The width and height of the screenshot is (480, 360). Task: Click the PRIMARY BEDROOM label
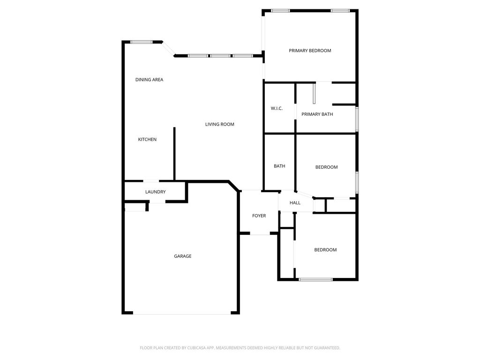click(310, 51)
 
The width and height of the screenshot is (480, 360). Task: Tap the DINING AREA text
click(149, 80)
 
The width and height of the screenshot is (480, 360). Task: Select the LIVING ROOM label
click(219, 124)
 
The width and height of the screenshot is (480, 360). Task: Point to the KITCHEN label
click(147, 139)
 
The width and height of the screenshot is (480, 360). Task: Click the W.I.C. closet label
click(277, 108)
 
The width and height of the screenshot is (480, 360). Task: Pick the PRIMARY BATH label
click(317, 114)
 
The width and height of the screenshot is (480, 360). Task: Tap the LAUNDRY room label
click(155, 192)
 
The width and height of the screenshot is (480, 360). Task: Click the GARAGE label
click(183, 256)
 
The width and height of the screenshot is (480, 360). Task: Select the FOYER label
click(259, 216)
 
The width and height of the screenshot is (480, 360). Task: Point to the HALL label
click(295, 202)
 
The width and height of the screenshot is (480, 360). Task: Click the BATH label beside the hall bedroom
click(279, 166)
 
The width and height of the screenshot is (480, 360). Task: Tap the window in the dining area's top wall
click(142, 42)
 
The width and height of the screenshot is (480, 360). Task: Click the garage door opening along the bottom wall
click(182, 314)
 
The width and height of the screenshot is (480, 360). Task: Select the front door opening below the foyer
click(260, 234)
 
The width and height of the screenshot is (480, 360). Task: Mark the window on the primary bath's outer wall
click(357, 119)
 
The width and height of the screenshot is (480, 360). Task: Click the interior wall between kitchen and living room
click(174, 154)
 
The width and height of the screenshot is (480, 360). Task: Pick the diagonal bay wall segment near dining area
click(168, 49)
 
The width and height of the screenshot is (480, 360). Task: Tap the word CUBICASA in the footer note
click(196, 348)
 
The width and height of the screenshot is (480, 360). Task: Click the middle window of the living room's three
click(220, 56)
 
